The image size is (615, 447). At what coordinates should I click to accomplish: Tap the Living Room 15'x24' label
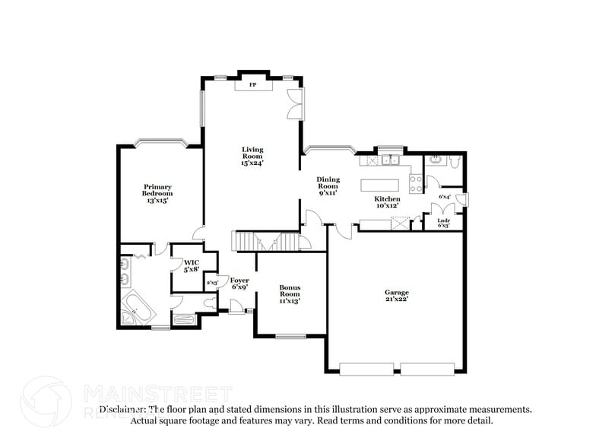click(x=252, y=156)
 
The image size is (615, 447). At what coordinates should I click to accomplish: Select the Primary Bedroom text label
click(x=157, y=193)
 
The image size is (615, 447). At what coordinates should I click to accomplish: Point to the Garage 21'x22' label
click(x=396, y=296)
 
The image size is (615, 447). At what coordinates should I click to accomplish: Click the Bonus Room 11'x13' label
click(x=290, y=293)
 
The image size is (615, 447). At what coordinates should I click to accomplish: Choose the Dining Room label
click(x=328, y=185)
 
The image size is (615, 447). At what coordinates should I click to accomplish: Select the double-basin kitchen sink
click(x=392, y=160)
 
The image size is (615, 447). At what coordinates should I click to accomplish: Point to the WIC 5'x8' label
click(x=191, y=265)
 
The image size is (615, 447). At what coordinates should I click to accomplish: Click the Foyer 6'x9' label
click(x=239, y=284)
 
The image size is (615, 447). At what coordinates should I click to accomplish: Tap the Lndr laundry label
click(x=443, y=223)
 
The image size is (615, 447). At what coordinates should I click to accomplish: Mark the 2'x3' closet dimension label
click(x=213, y=283)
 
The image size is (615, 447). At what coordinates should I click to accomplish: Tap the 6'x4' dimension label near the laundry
click(x=445, y=198)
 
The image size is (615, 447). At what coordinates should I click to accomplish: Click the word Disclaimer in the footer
click(x=121, y=409)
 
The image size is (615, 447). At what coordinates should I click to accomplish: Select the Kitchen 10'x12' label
click(x=386, y=202)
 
